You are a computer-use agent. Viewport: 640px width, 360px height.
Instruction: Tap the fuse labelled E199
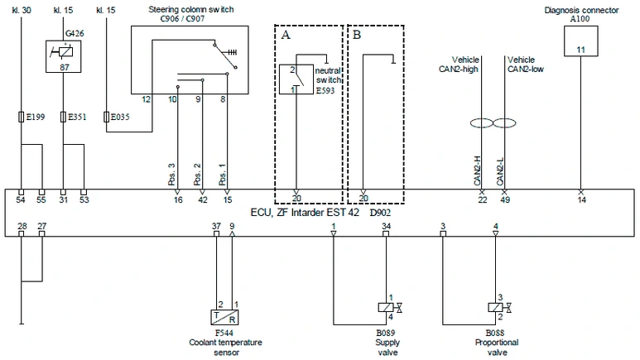(22, 118)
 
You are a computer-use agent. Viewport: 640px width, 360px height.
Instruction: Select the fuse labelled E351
(63, 118)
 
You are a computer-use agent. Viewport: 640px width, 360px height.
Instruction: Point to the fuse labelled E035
(107, 118)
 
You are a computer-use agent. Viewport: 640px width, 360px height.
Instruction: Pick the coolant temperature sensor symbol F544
(224, 317)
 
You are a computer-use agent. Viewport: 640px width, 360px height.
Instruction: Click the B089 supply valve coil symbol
(386, 307)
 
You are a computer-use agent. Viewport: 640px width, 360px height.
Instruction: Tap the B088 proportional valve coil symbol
(495, 307)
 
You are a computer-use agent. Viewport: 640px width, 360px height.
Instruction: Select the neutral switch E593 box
(296, 79)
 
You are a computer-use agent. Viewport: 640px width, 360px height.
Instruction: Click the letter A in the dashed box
(286, 35)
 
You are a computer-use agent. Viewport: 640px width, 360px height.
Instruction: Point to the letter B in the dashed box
(357, 35)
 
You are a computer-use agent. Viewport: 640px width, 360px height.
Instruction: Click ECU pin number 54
(21, 200)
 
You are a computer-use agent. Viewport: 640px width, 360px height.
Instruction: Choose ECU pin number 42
(203, 200)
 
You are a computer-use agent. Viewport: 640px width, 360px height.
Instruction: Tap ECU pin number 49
(505, 200)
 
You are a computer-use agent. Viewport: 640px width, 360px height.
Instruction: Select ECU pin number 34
(386, 226)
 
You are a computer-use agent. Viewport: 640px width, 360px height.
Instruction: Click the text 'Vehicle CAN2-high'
(460, 65)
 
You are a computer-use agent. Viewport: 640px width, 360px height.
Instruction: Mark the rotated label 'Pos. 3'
(172, 175)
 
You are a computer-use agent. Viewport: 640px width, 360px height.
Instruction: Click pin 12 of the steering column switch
(146, 99)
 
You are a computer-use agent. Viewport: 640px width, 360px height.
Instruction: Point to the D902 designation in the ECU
(380, 213)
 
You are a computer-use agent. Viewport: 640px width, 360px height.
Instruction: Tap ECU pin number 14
(582, 200)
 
